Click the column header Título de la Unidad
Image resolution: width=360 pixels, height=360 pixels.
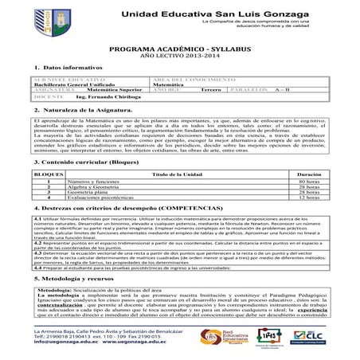181,172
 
